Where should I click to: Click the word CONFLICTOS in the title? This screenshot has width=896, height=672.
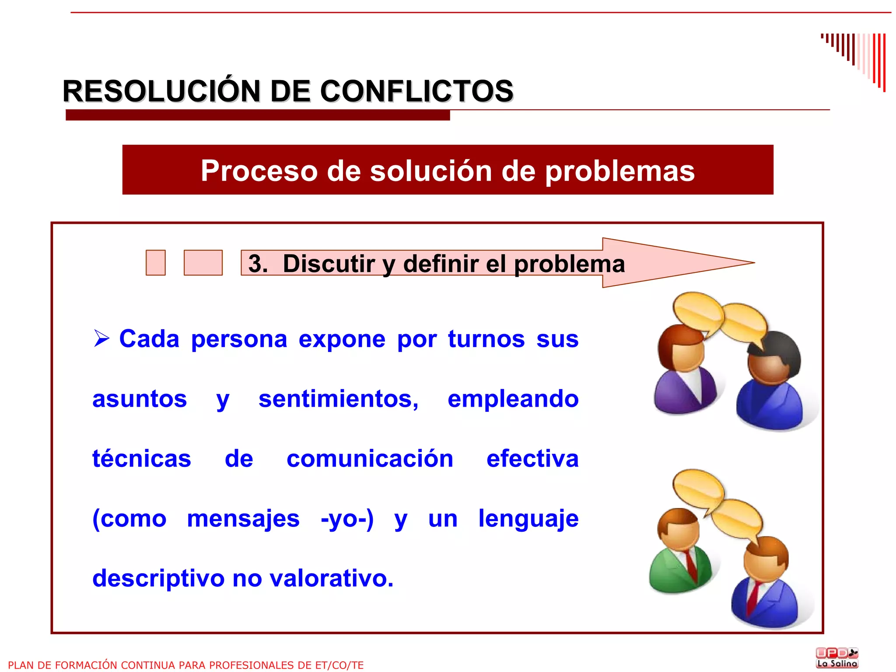(416, 91)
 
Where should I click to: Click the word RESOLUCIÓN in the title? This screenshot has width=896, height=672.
(161, 91)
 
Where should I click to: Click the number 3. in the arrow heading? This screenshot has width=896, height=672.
(258, 264)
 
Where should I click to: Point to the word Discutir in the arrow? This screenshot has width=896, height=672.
(329, 264)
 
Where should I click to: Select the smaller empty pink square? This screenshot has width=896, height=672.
(156, 263)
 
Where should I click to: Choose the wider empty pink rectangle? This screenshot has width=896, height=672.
(203, 263)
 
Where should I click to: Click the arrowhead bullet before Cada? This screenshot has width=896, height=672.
(101, 338)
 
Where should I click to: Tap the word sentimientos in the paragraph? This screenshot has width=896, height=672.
(338, 399)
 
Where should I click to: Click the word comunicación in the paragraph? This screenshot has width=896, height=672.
(370, 459)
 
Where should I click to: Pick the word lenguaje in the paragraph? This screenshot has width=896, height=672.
(528, 519)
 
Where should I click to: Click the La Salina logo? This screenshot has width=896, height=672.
(836, 658)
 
